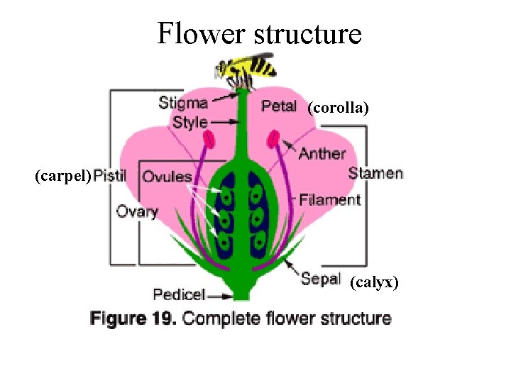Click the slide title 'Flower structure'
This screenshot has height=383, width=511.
coord(259,33)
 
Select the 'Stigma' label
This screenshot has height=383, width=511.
coord(183,104)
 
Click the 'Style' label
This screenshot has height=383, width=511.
coord(190,122)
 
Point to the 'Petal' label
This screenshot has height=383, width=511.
coord(279,106)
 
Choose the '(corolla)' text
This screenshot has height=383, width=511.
coord(338,108)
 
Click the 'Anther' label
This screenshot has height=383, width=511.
coord(322,153)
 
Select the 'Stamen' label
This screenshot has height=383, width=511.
coord(375,173)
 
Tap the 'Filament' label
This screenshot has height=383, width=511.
coord(330,200)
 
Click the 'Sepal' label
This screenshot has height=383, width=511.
coord(321,279)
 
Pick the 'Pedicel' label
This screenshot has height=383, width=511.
coord(179,294)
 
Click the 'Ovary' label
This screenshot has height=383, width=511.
coord(137,211)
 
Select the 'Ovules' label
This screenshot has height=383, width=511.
coord(167,177)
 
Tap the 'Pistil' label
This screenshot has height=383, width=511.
coord(110,176)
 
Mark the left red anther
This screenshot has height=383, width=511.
coord(211,140)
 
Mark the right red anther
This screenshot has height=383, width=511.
coord(273,138)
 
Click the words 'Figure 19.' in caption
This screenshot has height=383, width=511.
coord(133,318)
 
